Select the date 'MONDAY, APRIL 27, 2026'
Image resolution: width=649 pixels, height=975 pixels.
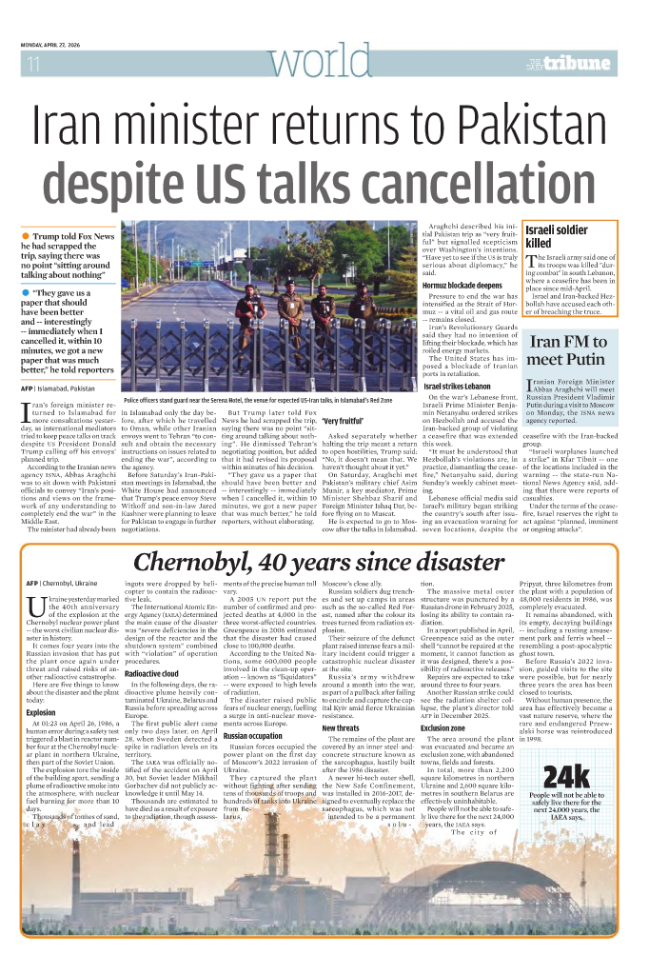pos(60,46)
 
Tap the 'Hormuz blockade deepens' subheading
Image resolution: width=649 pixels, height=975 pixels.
pos(463,285)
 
